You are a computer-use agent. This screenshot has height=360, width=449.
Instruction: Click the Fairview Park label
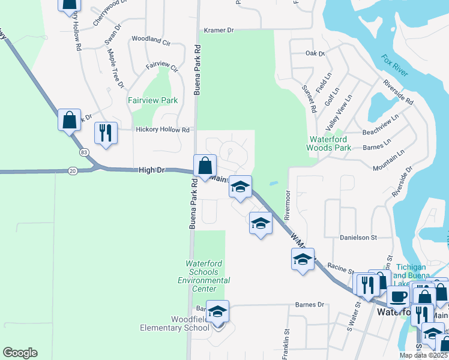[x=152, y=100]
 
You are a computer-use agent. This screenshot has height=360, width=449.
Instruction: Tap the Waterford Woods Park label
[x=328, y=143]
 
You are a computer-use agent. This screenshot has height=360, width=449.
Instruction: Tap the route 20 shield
[x=73, y=170]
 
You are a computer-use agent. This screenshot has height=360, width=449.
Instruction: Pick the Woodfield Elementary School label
[x=175, y=323]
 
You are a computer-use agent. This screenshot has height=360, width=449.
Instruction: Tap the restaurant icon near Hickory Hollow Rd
[x=106, y=133]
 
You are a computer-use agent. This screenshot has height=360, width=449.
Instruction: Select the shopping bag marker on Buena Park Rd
[x=205, y=166]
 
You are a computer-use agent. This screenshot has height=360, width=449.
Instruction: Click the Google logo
[x=21, y=353]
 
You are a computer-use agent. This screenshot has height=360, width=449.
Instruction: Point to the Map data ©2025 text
[x=422, y=355]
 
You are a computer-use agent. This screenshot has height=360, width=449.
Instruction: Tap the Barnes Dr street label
[x=309, y=305]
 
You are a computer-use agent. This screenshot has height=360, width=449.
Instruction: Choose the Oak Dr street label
[x=315, y=54]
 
